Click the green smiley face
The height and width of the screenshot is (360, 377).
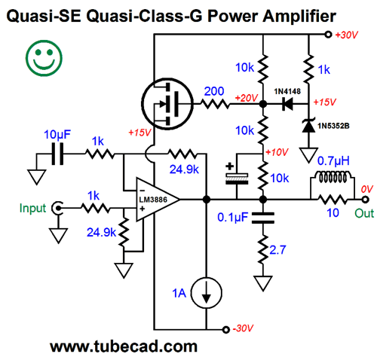pos(44,58)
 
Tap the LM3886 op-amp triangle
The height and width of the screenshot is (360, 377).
pos(158,200)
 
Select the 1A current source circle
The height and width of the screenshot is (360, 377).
pos(207,293)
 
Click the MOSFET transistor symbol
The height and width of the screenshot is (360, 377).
pos(167,103)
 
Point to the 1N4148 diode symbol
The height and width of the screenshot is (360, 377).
pos(288,103)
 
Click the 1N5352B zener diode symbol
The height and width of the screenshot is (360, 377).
pos(308,126)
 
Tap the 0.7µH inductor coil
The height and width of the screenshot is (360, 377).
pos(333,177)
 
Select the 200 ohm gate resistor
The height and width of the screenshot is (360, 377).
pos(215,103)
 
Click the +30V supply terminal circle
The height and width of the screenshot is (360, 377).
pos(328,34)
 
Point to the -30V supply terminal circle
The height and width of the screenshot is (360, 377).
pos(226,329)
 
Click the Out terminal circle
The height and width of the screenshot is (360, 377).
pos(366,200)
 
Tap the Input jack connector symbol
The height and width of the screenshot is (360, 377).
pos(57,208)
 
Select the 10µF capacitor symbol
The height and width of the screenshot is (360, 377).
pos(57,154)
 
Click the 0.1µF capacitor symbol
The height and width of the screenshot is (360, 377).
pos(263,218)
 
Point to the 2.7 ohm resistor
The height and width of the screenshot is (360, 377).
pos(263,249)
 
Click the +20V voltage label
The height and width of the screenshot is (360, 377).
pos(247,98)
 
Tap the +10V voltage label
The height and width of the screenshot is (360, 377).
pos(277,152)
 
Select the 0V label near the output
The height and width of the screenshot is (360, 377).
pos(367,189)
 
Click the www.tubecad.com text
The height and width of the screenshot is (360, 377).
pos(124,346)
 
